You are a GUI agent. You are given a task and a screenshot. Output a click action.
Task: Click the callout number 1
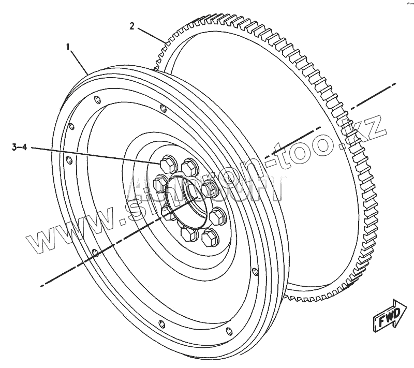(x=68, y=47)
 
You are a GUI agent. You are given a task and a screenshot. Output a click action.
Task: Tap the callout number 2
(x=132, y=26)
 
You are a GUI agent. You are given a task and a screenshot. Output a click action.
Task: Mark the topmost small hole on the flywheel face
(x=98, y=99)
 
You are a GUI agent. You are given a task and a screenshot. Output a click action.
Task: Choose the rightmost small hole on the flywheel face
(x=254, y=271)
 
